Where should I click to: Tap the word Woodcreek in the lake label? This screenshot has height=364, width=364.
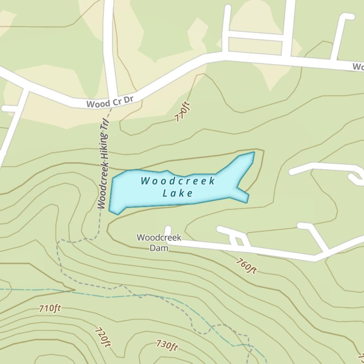(x=178, y=181)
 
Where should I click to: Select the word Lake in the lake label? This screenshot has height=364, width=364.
(x=178, y=193)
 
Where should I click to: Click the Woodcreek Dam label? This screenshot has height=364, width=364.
(x=159, y=243)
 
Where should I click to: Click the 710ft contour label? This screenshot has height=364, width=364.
(x=50, y=309)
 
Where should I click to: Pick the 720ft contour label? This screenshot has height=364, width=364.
(x=103, y=337)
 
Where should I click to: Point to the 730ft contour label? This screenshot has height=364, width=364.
(x=167, y=345)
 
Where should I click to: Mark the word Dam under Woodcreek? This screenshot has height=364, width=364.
(x=159, y=248)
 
